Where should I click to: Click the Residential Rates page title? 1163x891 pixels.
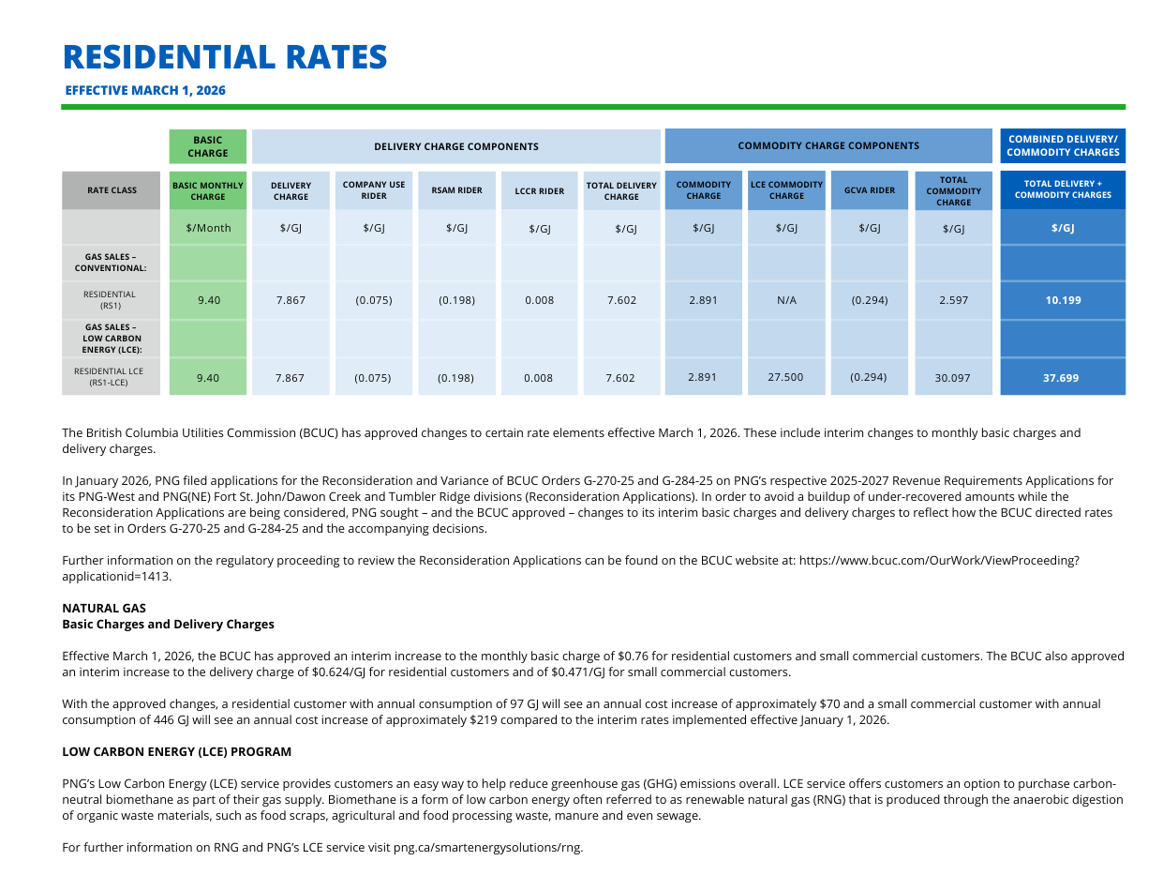point(225,57)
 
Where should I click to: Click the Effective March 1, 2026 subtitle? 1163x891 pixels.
point(145,91)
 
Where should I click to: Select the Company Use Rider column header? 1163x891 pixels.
point(374,190)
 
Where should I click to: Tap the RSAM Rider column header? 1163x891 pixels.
point(456,190)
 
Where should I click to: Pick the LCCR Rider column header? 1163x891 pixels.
point(540,191)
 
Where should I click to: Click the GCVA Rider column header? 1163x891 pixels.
point(870,190)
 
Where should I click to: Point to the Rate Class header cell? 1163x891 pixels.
point(112,190)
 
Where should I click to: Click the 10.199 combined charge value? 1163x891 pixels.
point(1063,301)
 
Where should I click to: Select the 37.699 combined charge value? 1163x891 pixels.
point(1063,378)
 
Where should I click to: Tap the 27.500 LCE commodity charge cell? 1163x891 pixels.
point(786,377)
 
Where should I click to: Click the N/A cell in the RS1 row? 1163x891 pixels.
point(786,301)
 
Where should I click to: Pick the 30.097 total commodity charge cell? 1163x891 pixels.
point(952,378)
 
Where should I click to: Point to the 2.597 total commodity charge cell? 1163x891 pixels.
point(952,301)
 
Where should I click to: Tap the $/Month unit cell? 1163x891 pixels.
point(208,228)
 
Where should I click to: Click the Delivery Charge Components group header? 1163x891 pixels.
point(456,146)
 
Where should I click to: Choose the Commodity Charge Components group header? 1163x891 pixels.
point(828,145)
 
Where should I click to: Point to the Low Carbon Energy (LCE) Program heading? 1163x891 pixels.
point(176,752)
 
